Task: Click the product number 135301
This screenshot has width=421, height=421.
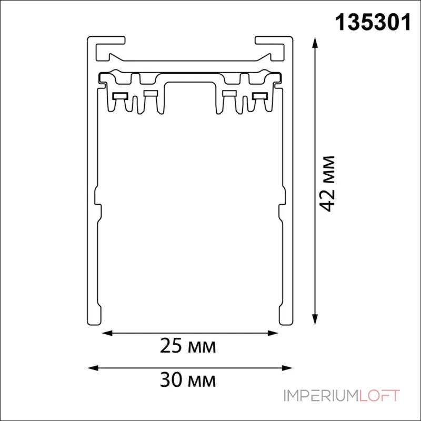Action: point(373,23)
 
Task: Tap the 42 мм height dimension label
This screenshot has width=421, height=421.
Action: point(328,184)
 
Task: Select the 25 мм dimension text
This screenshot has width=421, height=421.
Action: point(188,346)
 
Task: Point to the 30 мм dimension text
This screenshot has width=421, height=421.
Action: point(188,380)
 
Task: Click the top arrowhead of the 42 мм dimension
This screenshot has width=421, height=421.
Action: point(315,43)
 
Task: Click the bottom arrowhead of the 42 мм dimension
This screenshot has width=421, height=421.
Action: point(315,319)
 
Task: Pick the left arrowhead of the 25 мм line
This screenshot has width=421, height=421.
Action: point(107,333)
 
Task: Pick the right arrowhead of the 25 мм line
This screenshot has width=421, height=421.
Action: point(273,333)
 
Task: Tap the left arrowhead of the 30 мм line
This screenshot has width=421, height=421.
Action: point(93,367)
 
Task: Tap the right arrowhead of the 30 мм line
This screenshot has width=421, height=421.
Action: point(287,367)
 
